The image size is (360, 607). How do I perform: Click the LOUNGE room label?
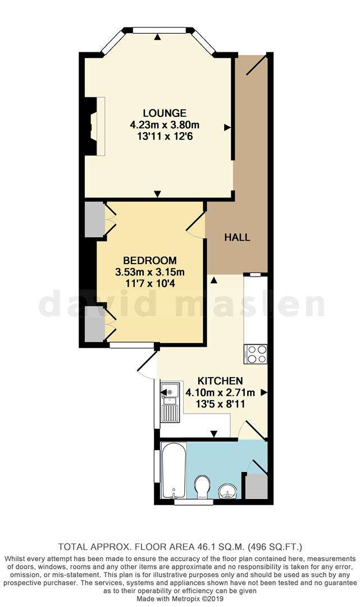[156, 113]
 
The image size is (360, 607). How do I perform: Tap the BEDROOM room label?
[149, 261]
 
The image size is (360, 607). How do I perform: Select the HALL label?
[237, 237]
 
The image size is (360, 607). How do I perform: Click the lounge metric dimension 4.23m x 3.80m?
[156, 124]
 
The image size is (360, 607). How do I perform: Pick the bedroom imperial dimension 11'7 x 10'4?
[150, 283]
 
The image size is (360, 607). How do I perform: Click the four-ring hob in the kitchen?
[256, 354]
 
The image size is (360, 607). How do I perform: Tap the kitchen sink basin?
[169, 391]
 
